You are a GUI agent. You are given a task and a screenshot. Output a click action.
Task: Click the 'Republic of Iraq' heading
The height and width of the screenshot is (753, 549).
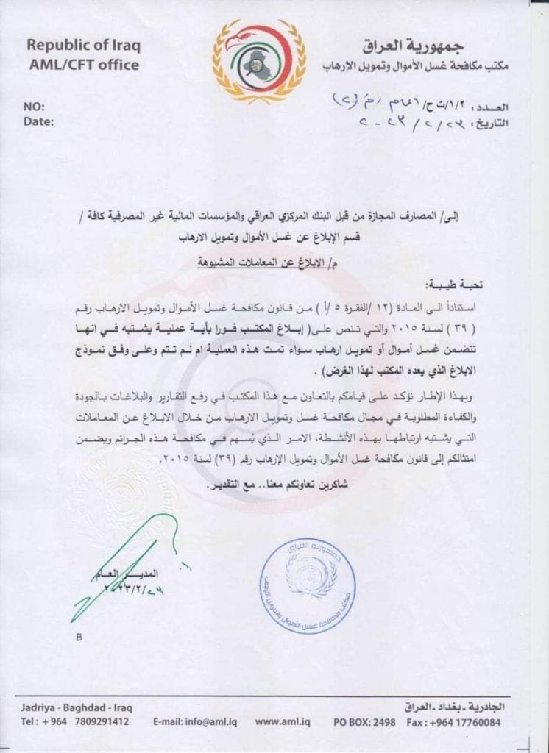83,46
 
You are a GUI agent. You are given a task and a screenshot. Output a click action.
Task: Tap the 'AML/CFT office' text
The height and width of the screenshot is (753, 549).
82,65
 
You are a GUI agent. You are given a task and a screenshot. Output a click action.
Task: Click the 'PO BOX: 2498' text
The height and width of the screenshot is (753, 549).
368,721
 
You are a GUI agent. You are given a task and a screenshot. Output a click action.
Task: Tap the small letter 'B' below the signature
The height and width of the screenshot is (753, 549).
79,638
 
